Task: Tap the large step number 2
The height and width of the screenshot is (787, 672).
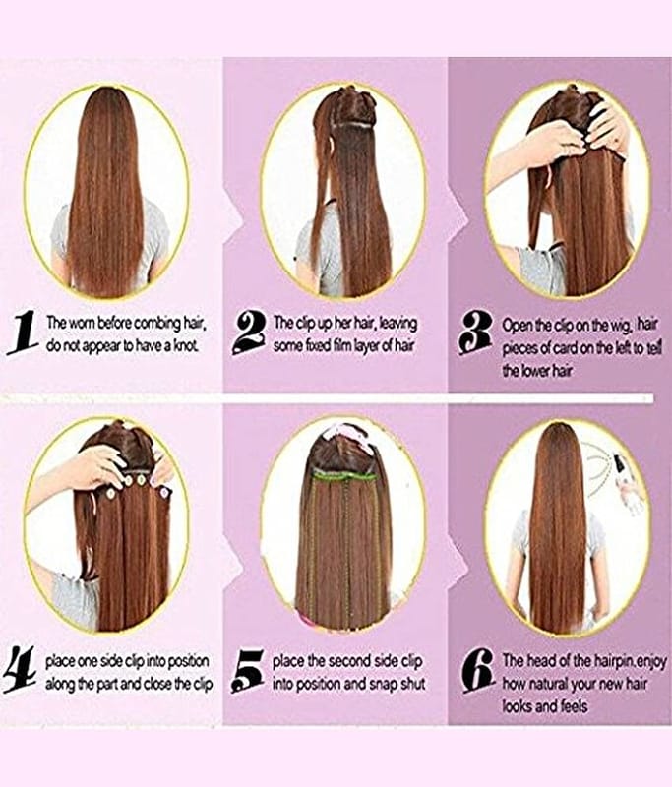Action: [x=250, y=333]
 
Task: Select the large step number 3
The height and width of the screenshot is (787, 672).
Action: [x=476, y=333]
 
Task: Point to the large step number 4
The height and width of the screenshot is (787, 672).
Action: [x=20, y=672]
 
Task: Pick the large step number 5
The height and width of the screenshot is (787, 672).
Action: [x=247, y=672]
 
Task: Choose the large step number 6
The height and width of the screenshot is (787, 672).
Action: [x=479, y=672]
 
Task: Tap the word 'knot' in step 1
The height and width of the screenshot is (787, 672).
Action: [x=187, y=346]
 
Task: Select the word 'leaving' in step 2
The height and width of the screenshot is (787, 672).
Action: [x=397, y=324]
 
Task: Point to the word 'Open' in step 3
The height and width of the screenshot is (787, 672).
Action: [x=516, y=326]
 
